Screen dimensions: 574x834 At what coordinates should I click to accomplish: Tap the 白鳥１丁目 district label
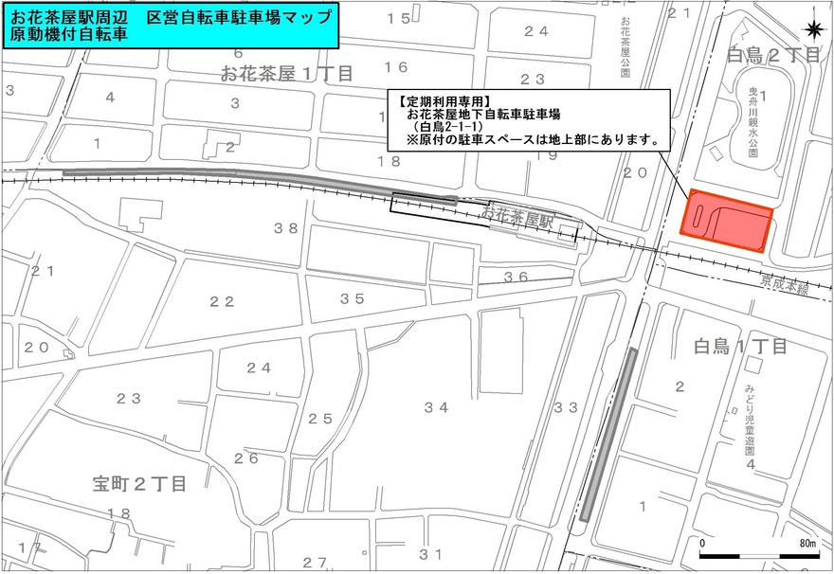(740, 347)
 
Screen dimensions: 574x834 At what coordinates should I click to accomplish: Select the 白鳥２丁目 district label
(773, 55)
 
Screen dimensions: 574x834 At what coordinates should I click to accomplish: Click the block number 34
(436, 407)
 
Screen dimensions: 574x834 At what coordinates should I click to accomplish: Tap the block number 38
(286, 227)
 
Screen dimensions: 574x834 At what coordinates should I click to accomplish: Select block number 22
(222, 301)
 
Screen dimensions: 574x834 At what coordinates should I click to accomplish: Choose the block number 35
(353, 298)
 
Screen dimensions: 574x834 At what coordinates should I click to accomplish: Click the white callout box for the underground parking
(528, 120)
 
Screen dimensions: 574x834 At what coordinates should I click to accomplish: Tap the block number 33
(566, 407)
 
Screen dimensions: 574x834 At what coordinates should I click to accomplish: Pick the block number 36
(516, 277)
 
